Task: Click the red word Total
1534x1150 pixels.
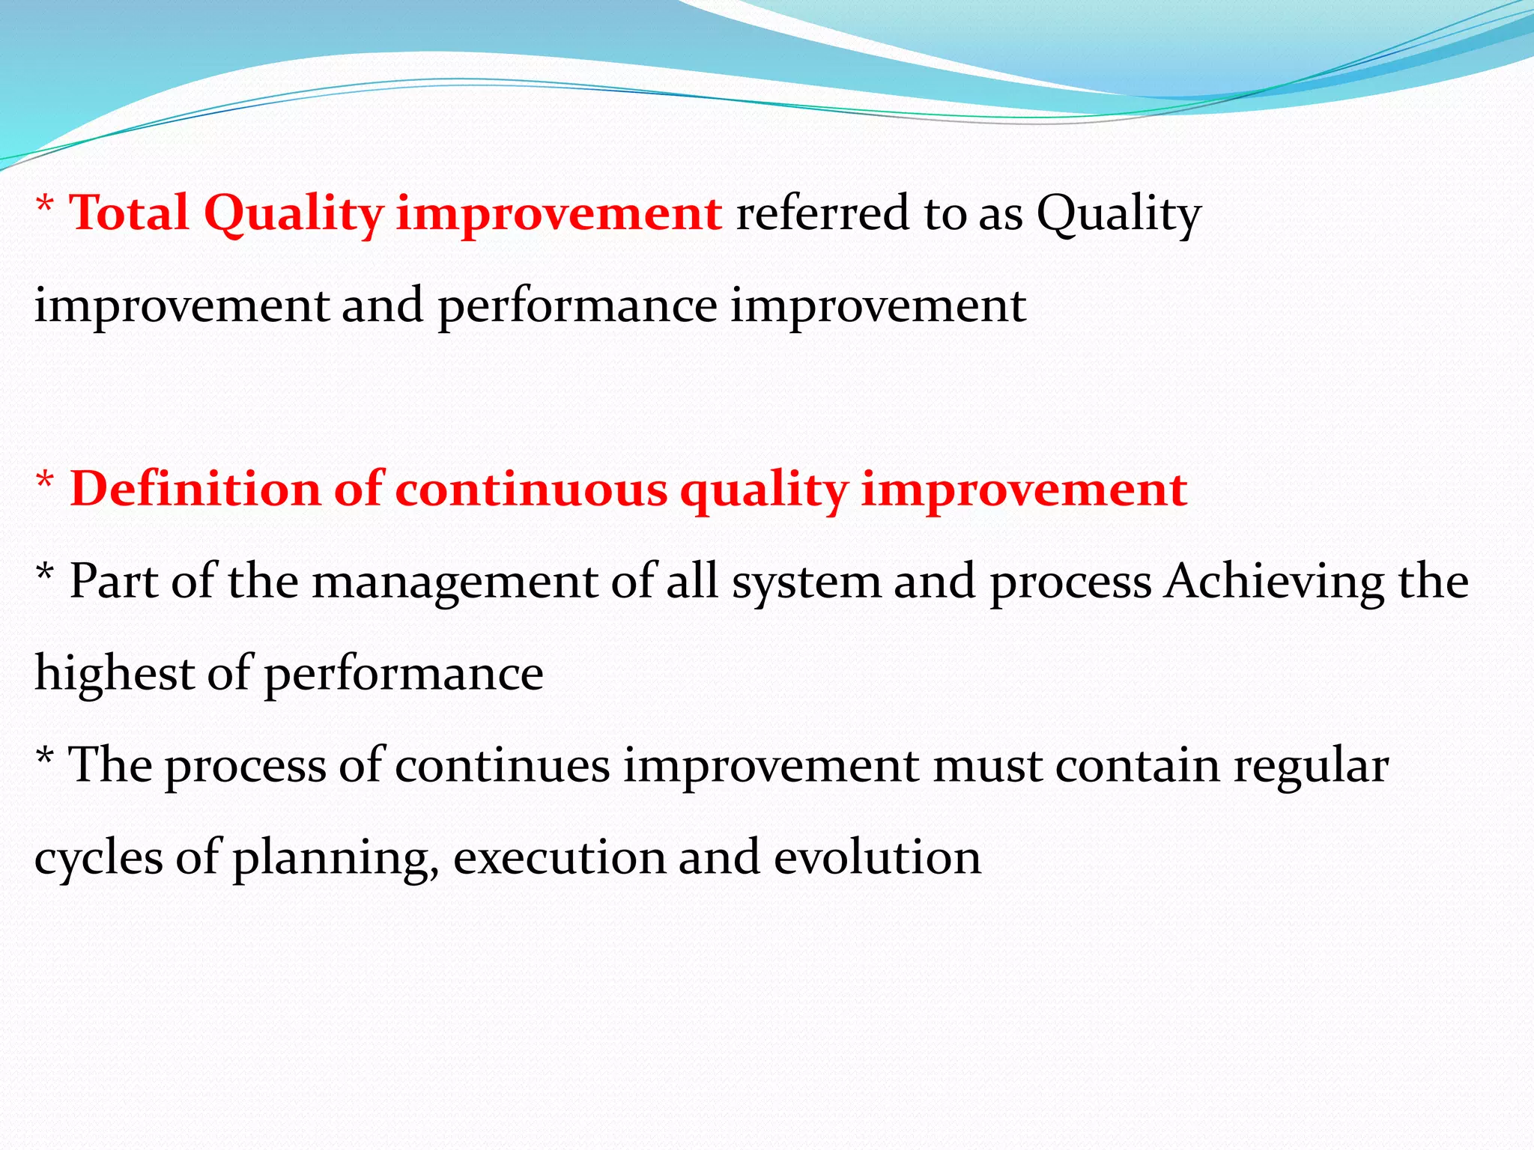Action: pos(128,213)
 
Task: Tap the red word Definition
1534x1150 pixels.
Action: pos(194,490)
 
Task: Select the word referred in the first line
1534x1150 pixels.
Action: pos(822,213)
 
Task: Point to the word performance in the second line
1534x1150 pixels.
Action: pos(577,307)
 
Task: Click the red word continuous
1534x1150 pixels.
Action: pos(530,490)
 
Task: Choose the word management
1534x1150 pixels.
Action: pos(454,582)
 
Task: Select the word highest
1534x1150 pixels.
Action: pos(114,673)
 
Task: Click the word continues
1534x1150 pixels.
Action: pos(502,765)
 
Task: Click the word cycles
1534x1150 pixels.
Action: pos(98,858)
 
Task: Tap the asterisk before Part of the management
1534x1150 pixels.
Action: pos(45,574)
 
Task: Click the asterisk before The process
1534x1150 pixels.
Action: pos(45,758)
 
